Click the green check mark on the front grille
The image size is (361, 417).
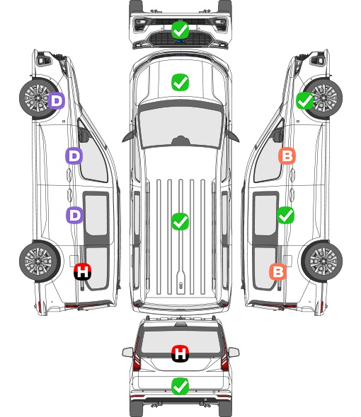pos(180,30)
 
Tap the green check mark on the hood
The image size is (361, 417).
pos(180,82)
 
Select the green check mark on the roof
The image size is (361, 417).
pos(180,221)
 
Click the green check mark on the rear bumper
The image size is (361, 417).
pos(180,386)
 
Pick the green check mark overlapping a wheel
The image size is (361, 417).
pos(305,101)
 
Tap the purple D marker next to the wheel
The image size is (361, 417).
pos(56,100)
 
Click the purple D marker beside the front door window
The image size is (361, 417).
pos(74,155)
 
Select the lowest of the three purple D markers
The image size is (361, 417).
pos(74,215)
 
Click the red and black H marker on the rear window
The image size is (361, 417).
pos(180,353)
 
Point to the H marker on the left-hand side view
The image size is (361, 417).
pos(83,271)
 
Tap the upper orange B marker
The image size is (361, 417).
pos(287,155)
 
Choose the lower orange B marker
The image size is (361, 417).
pos(278,271)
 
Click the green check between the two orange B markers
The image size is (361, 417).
pos(285,215)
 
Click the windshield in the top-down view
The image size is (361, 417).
pos(180,126)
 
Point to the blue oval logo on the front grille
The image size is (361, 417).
pos(180,41)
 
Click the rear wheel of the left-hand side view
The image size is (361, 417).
pos(40,261)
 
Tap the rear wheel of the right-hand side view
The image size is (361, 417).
pos(322,261)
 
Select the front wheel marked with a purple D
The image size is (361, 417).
pos(40,98)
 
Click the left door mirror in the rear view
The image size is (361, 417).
pos(127,353)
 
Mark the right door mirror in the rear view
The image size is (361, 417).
pos(234,353)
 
